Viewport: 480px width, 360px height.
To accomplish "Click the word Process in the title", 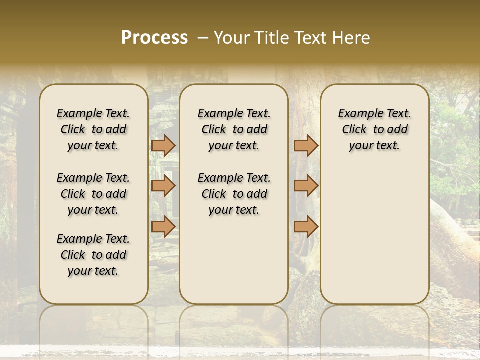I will click(154, 38).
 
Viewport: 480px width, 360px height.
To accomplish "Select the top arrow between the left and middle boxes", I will click(163, 145).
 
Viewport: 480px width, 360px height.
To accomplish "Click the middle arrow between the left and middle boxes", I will click(163, 186).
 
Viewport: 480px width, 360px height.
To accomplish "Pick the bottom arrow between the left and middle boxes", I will click(163, 226).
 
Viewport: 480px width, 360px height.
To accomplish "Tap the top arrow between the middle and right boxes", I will click(306, 145).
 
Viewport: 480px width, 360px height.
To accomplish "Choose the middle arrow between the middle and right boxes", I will click(306, 186).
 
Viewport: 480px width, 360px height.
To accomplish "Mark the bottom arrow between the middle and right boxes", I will click(306, 226).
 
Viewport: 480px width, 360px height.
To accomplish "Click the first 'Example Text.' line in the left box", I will click(93, 113).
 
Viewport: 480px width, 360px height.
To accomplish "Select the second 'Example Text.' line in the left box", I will click(93, 178).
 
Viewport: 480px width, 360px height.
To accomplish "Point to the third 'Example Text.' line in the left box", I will click(93, 239).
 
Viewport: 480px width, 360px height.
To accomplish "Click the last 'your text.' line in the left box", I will click(93, 271).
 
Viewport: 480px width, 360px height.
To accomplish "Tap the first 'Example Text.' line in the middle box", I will click(234, 113).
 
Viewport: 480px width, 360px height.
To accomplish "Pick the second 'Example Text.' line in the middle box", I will click(234, 178).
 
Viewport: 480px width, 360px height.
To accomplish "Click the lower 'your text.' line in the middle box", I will click(234, 210).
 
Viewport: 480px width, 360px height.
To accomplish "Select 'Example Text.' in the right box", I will click(375, 113).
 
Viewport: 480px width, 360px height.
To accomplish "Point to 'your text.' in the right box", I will click(375, 145).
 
